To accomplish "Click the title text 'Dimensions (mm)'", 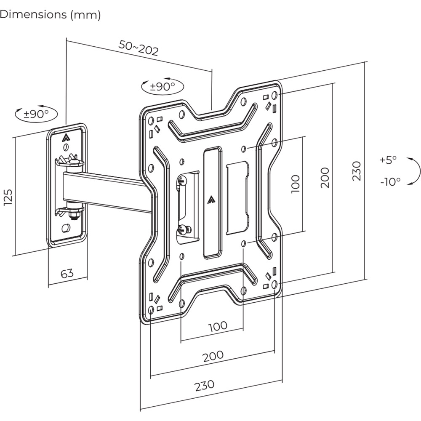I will tap(51, 15).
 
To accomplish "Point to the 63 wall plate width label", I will tap(67, 273).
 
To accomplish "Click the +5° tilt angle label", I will tap(388, 160).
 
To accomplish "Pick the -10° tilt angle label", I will tap(390, 182).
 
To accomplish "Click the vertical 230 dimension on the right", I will tap(357, 171).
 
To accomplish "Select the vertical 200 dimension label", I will tap(325, 177).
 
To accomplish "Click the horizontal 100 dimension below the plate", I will tap(218, 325).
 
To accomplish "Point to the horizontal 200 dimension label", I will tap(213, 356).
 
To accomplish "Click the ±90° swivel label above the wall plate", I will tap(36, 114).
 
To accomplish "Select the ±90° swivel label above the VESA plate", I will tap(163, 87).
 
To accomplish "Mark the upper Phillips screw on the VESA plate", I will tap(182, 181).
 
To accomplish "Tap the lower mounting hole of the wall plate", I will tap(65, 228).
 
